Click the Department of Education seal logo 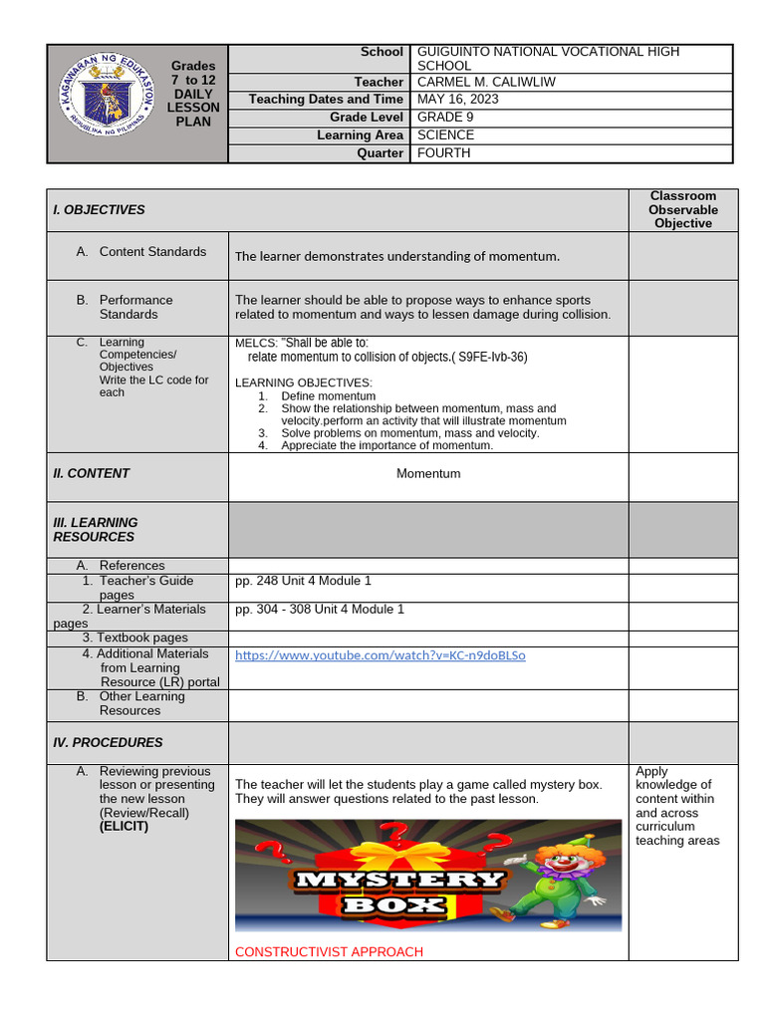tap(103, 103)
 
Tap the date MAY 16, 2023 tap(457, 100)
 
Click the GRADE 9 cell tap(445, 118)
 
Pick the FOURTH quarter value tap(443, 153)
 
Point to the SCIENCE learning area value tap(445, 135)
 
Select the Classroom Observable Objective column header tap(682, 210)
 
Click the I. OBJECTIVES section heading tap(99, 210)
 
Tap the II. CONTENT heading tap(91, 474)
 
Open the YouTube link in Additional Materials tap(380, 655)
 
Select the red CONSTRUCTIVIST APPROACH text tap(329, 952)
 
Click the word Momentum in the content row tap(428, 474)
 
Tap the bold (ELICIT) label tap(124, 827)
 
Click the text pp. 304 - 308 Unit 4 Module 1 tap(320, 610)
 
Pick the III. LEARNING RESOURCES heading tap(96, 530)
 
